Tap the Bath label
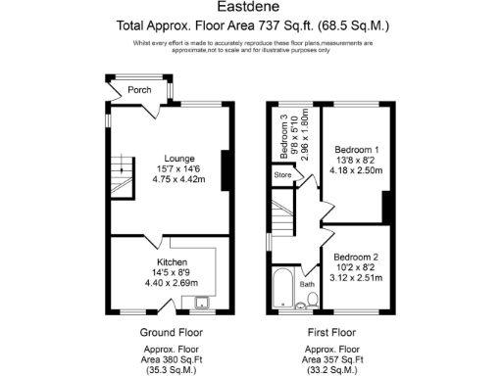pos(308,285)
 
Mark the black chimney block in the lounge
pos(226,164)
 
